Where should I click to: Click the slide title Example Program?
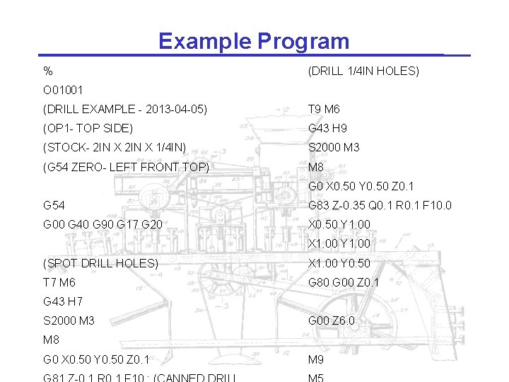tap(254, 41)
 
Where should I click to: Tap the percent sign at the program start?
tap(47, 71)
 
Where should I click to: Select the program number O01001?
tap(63, 90)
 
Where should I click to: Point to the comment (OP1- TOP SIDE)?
tap(88, 128)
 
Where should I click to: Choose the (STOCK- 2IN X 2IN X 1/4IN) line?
tap(115, 147)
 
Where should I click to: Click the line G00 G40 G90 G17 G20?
tap(103, 224)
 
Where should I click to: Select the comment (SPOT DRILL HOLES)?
tap(100, 263)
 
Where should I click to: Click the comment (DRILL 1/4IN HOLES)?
tap(363, 71)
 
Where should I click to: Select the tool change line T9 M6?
tap(324, 109)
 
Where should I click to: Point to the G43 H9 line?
tap(327, 128)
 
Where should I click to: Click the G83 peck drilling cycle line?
tap(380, 205)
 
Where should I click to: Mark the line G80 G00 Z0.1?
tap(344, 282)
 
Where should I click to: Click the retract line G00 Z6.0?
tap(332, 320)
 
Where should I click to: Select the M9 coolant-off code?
tap(316, 359)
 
